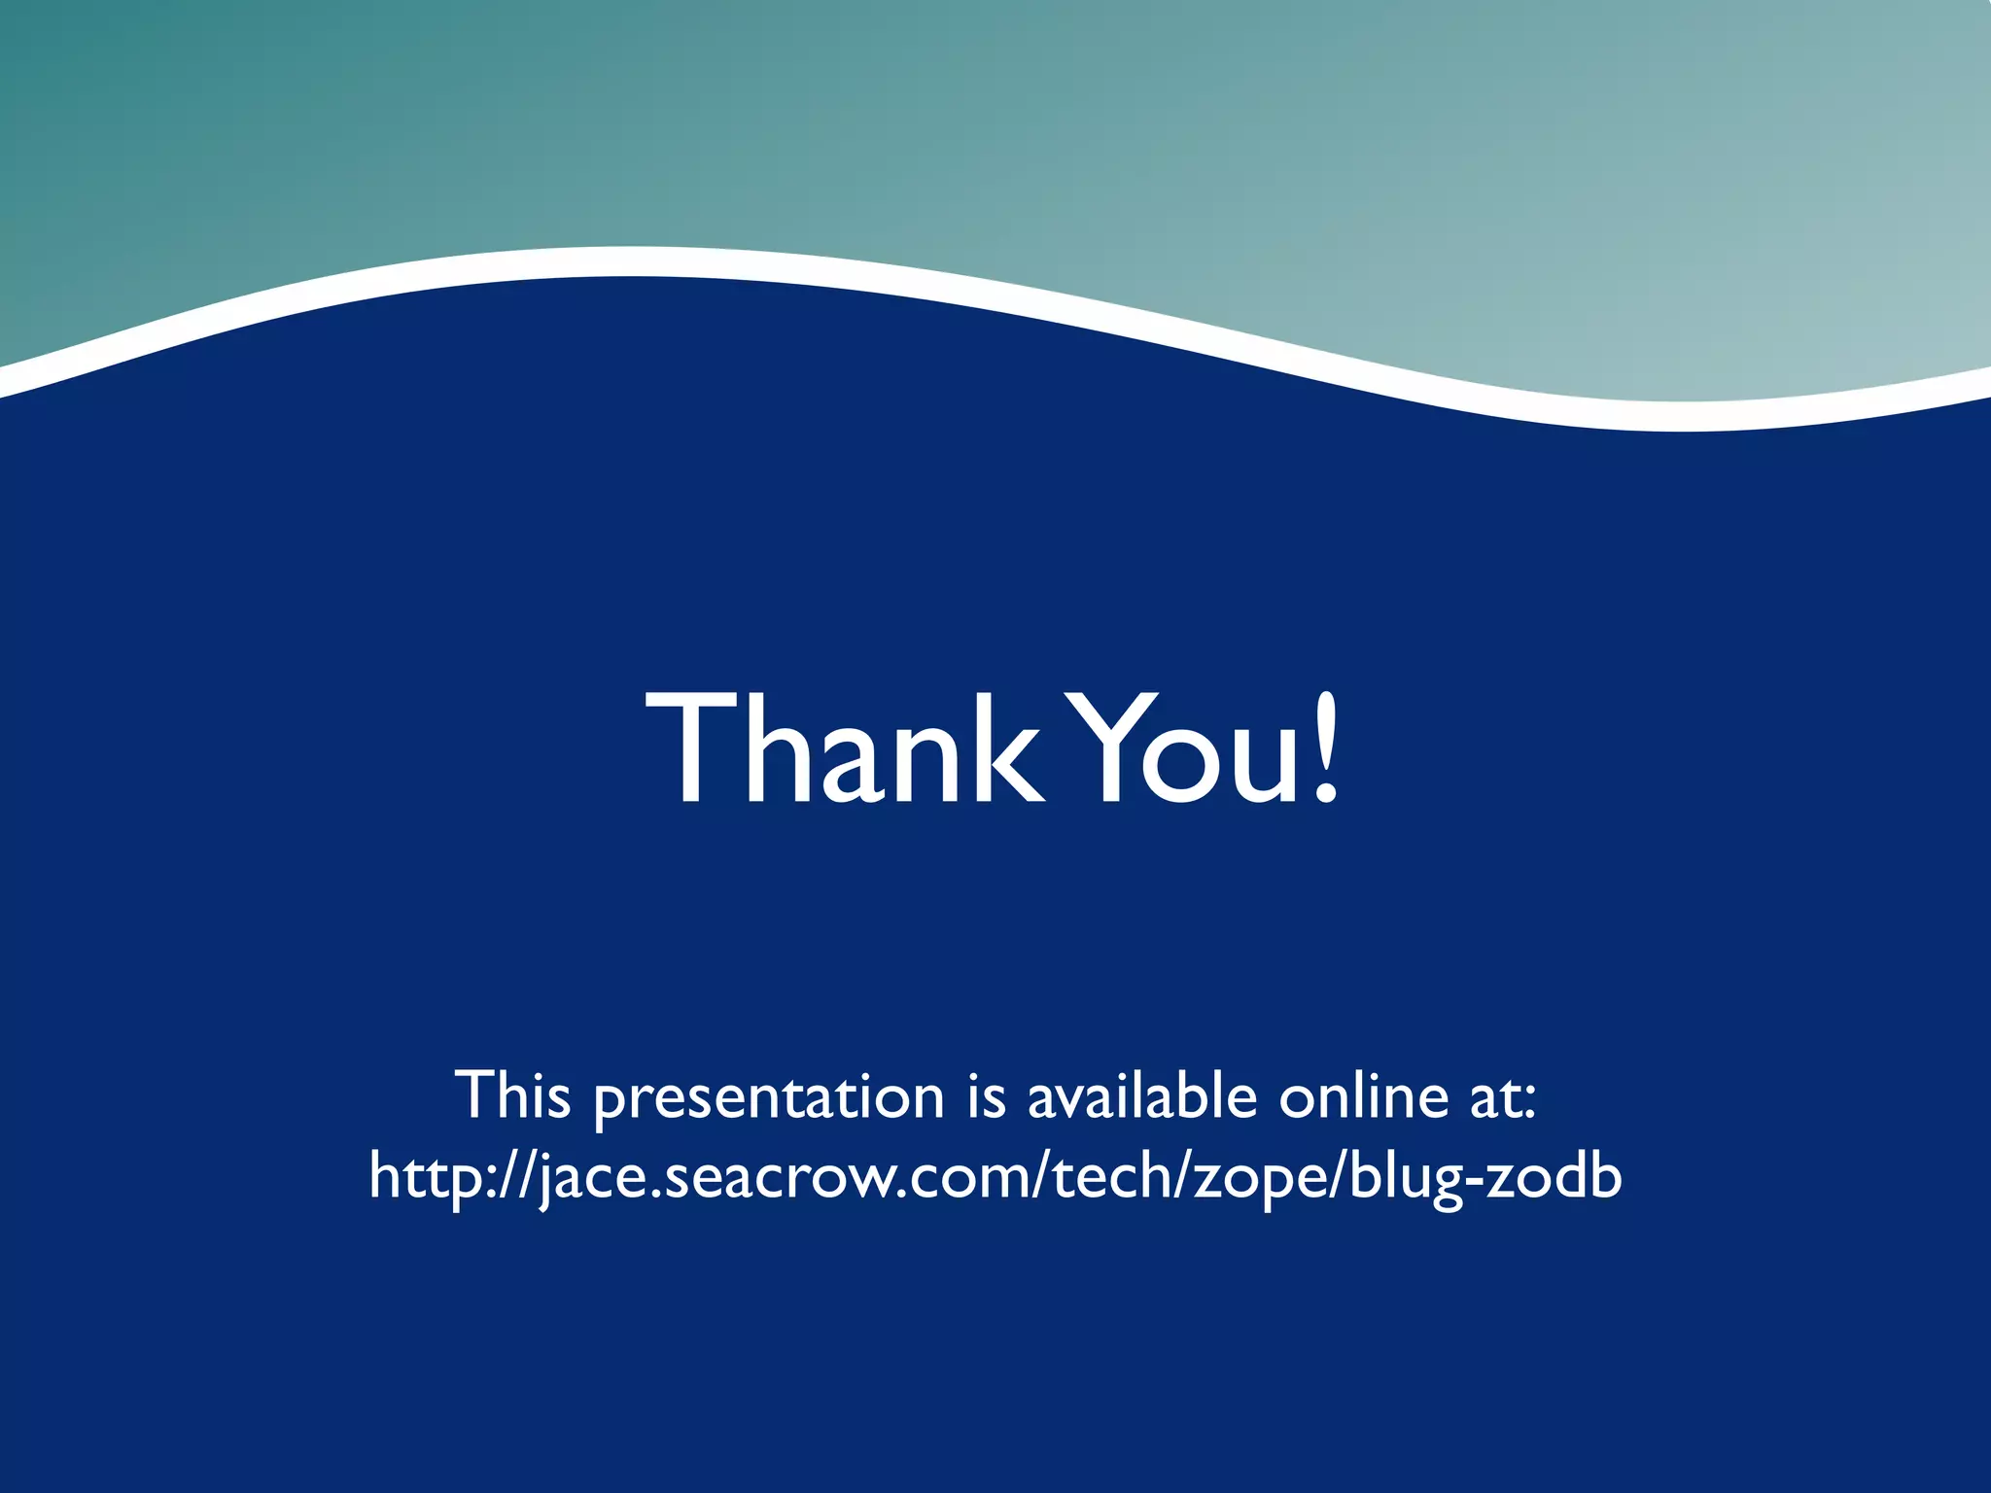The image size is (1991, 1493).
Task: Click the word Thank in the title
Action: click(846, 748)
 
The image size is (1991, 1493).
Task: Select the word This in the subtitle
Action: click(512, 1096)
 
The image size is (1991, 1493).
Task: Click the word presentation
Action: click(768, 1098)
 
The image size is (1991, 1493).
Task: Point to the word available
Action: click(1142, 1096)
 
